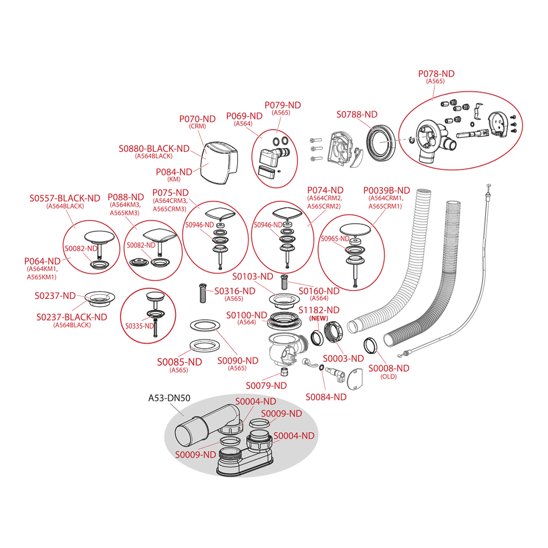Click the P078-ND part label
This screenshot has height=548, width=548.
pos(436,74)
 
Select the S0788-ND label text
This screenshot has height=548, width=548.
pos(357,115)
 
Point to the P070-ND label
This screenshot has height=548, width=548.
pos(197,119)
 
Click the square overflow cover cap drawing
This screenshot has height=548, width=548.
pos(219,163)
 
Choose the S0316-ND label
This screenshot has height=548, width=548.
pos(235,291)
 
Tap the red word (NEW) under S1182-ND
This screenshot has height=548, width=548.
pos(319,318)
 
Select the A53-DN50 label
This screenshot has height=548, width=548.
pos(169,398)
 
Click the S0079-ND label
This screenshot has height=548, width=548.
pos(266,386)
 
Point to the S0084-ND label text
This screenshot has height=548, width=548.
pos(326,397)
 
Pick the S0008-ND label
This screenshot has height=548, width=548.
pos(389,368)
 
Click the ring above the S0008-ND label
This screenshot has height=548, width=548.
pos(370,345)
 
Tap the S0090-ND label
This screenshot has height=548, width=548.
pos(238,361)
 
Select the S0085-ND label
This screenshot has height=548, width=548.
pos(179,362)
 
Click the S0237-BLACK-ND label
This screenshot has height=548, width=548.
pos(72,317)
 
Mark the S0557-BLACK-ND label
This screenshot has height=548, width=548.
pos(65,198)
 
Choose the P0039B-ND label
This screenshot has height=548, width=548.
pos(386,190)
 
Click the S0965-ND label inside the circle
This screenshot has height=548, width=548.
pos(335,239)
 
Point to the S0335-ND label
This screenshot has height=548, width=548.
pos(139,326)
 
